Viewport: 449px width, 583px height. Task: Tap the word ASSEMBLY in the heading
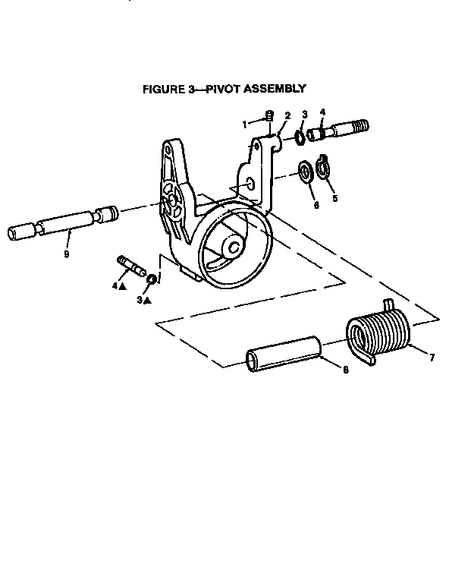[x=275, y=89]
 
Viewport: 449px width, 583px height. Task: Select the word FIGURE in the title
[x=163, y=90]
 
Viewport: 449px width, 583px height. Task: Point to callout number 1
[x=244, y=125]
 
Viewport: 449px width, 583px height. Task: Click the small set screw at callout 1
[x=270, y=116]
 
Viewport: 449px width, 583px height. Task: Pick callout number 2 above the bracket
[x=287, y=115]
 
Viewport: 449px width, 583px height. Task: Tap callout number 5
[x=335, y=199]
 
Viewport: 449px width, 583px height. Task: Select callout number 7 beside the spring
[x=432, y=358]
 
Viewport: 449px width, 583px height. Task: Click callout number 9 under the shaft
[x=67, y=254]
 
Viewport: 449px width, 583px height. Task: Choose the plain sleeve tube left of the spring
[x=284, y=354]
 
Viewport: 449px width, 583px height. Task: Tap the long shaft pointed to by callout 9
[x=62, y=222]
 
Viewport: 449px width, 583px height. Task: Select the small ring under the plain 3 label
[x=300, y=137]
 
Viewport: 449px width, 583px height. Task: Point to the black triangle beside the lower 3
[x=147, y=301]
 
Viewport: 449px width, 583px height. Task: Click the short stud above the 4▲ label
[x=131, y=266]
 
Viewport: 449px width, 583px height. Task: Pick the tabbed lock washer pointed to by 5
[x=322, y=167]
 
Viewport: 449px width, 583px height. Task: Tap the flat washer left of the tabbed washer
[x=306, y=172]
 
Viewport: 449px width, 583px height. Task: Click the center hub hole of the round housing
[x=234, y=247]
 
